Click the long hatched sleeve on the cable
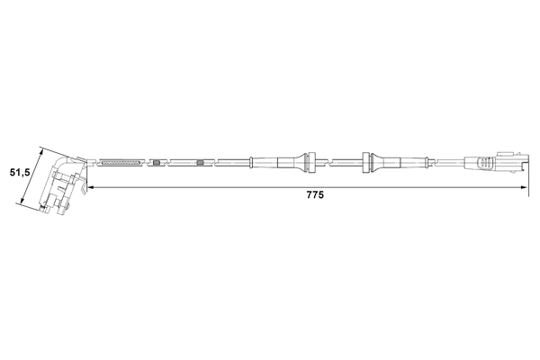122,163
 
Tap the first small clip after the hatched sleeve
157,163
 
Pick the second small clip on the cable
201,163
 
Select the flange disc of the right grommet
364,162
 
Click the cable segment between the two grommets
338,162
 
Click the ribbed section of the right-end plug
486,164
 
